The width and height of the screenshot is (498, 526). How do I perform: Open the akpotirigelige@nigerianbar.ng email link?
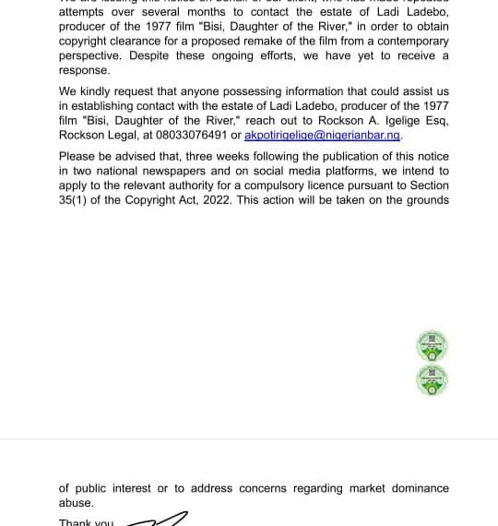click(x=322, y=135)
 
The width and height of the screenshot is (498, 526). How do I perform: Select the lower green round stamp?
click(x=432, y=378)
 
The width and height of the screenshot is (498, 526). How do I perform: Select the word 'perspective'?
click(x=93, y=56)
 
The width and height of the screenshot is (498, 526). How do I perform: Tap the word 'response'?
click(x=83, y=70)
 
